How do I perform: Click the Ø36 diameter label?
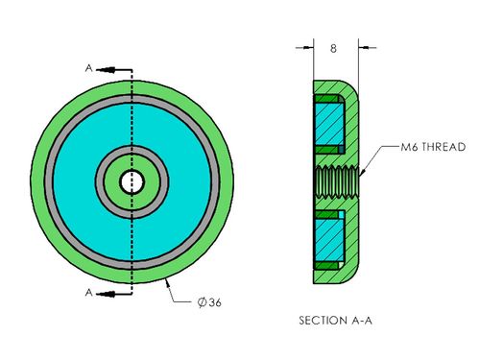[x=209, y=302]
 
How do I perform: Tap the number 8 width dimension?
[x=333, y=48]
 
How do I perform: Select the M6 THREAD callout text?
[x=433, y=147]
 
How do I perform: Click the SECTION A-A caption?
[x=335, y=321]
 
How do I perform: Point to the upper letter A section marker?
[x=88, y=68]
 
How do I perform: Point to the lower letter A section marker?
[x=88, y=292]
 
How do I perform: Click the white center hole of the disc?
[x=132, y=182]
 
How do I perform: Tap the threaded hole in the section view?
[x=337, y=182]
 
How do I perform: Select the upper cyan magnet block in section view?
[x=329, y=124]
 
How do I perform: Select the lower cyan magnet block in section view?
[x=329, y=240]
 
